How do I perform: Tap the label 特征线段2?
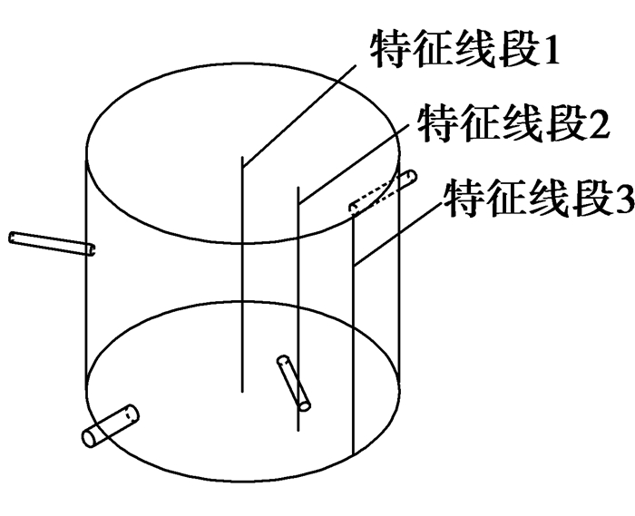[x=513, y=122]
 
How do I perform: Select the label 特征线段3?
[x=540, y=198]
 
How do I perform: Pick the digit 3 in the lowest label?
[x=624, y=199]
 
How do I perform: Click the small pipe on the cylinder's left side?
[x=52, y=243]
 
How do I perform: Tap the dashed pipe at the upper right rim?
[x=383, y=191]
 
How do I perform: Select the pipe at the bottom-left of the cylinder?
[x=110, y=425]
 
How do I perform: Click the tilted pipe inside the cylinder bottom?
[x=294, y=383]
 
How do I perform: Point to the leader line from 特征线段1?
[x=299, y=116]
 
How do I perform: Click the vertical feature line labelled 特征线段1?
[x=242, y=274]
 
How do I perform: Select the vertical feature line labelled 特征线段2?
[x=298, y=308]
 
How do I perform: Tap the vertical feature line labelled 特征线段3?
[x=354, y=334]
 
